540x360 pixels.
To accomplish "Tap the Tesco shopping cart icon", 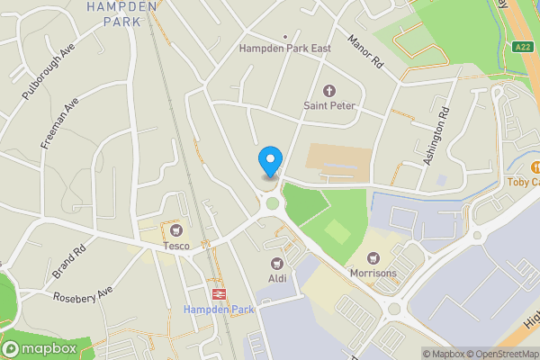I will (x=175, y=229).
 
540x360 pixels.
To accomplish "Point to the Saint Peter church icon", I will (x=328, y=91).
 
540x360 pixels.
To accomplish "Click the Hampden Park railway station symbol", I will (x=218, y=293).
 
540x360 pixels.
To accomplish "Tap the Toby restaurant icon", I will (x=536, y=166).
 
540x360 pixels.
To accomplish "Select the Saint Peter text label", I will (x=329, y=107).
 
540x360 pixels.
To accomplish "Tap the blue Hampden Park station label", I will (x=219, y=310).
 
